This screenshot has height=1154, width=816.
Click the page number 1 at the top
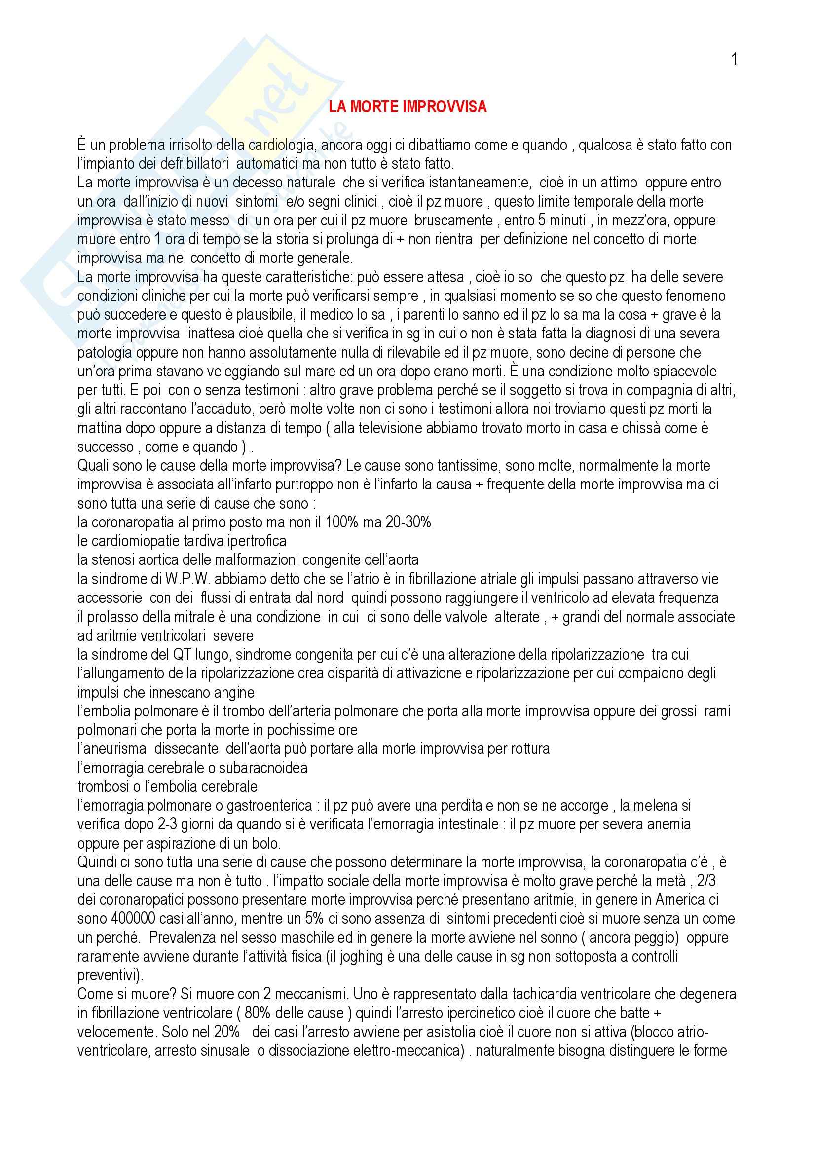click(x=734, y=60)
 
